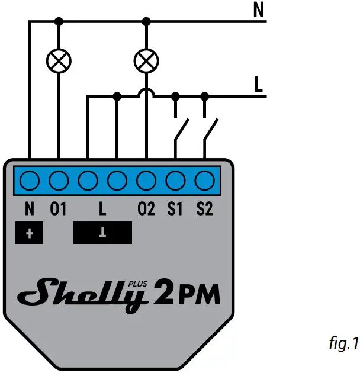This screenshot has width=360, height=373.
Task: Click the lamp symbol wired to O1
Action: [59, 59]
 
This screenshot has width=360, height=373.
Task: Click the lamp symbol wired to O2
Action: [146, 59]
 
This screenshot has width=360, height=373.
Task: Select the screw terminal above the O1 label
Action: [59, 178]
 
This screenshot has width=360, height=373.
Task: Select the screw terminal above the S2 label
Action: [204, 178]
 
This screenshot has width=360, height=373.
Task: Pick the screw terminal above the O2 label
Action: [146, 178]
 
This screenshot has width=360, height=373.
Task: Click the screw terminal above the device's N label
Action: [30, 178]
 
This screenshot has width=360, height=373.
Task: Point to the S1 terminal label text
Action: [175, 209]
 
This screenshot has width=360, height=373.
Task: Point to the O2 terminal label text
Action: [146, 209]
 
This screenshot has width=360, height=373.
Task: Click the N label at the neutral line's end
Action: [258, 10]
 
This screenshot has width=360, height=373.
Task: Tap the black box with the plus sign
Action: [30, 233]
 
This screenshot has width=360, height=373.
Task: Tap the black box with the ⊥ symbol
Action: [102, 233]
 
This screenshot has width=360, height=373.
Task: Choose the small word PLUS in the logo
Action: [137, 284]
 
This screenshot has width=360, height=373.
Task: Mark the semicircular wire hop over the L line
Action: [146, 92]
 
